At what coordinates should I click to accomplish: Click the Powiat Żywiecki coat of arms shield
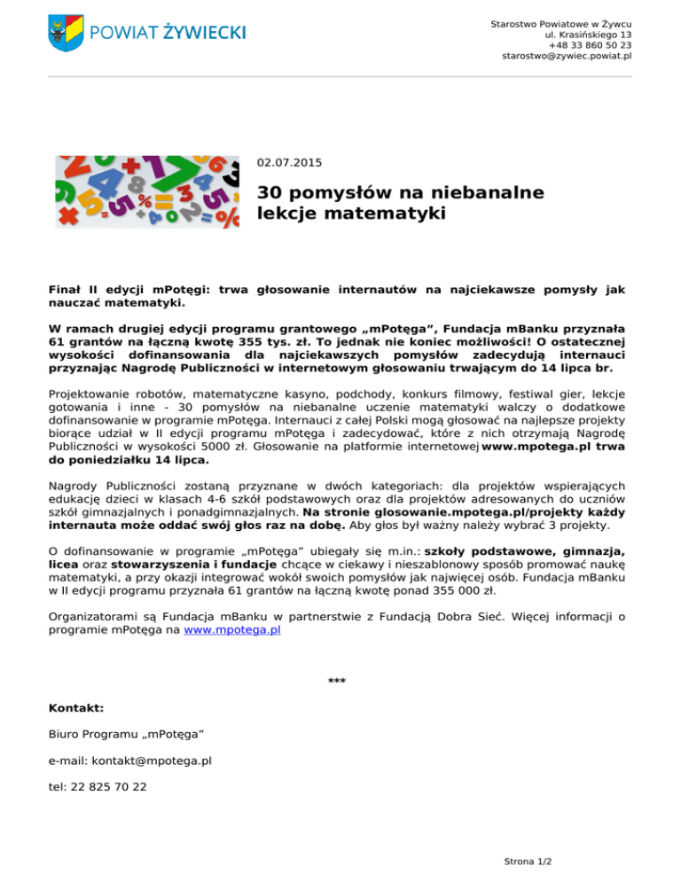[x=66, y=32]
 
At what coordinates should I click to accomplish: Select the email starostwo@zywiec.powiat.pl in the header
[x=567, y=56]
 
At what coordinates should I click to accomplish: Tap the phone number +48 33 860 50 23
[x=590, y=44]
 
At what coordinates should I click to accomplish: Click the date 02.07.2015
[x=290, y=162]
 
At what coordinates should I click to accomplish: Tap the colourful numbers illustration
[x=147, y=192]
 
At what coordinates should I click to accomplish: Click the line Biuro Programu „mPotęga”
[x=127, y=735]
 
